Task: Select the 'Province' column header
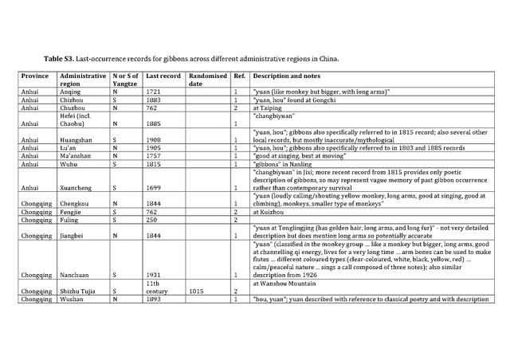click(36, 76)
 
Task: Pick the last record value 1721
click(154, 92)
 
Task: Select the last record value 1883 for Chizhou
click(154, 100)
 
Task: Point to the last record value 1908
click(154, 140)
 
